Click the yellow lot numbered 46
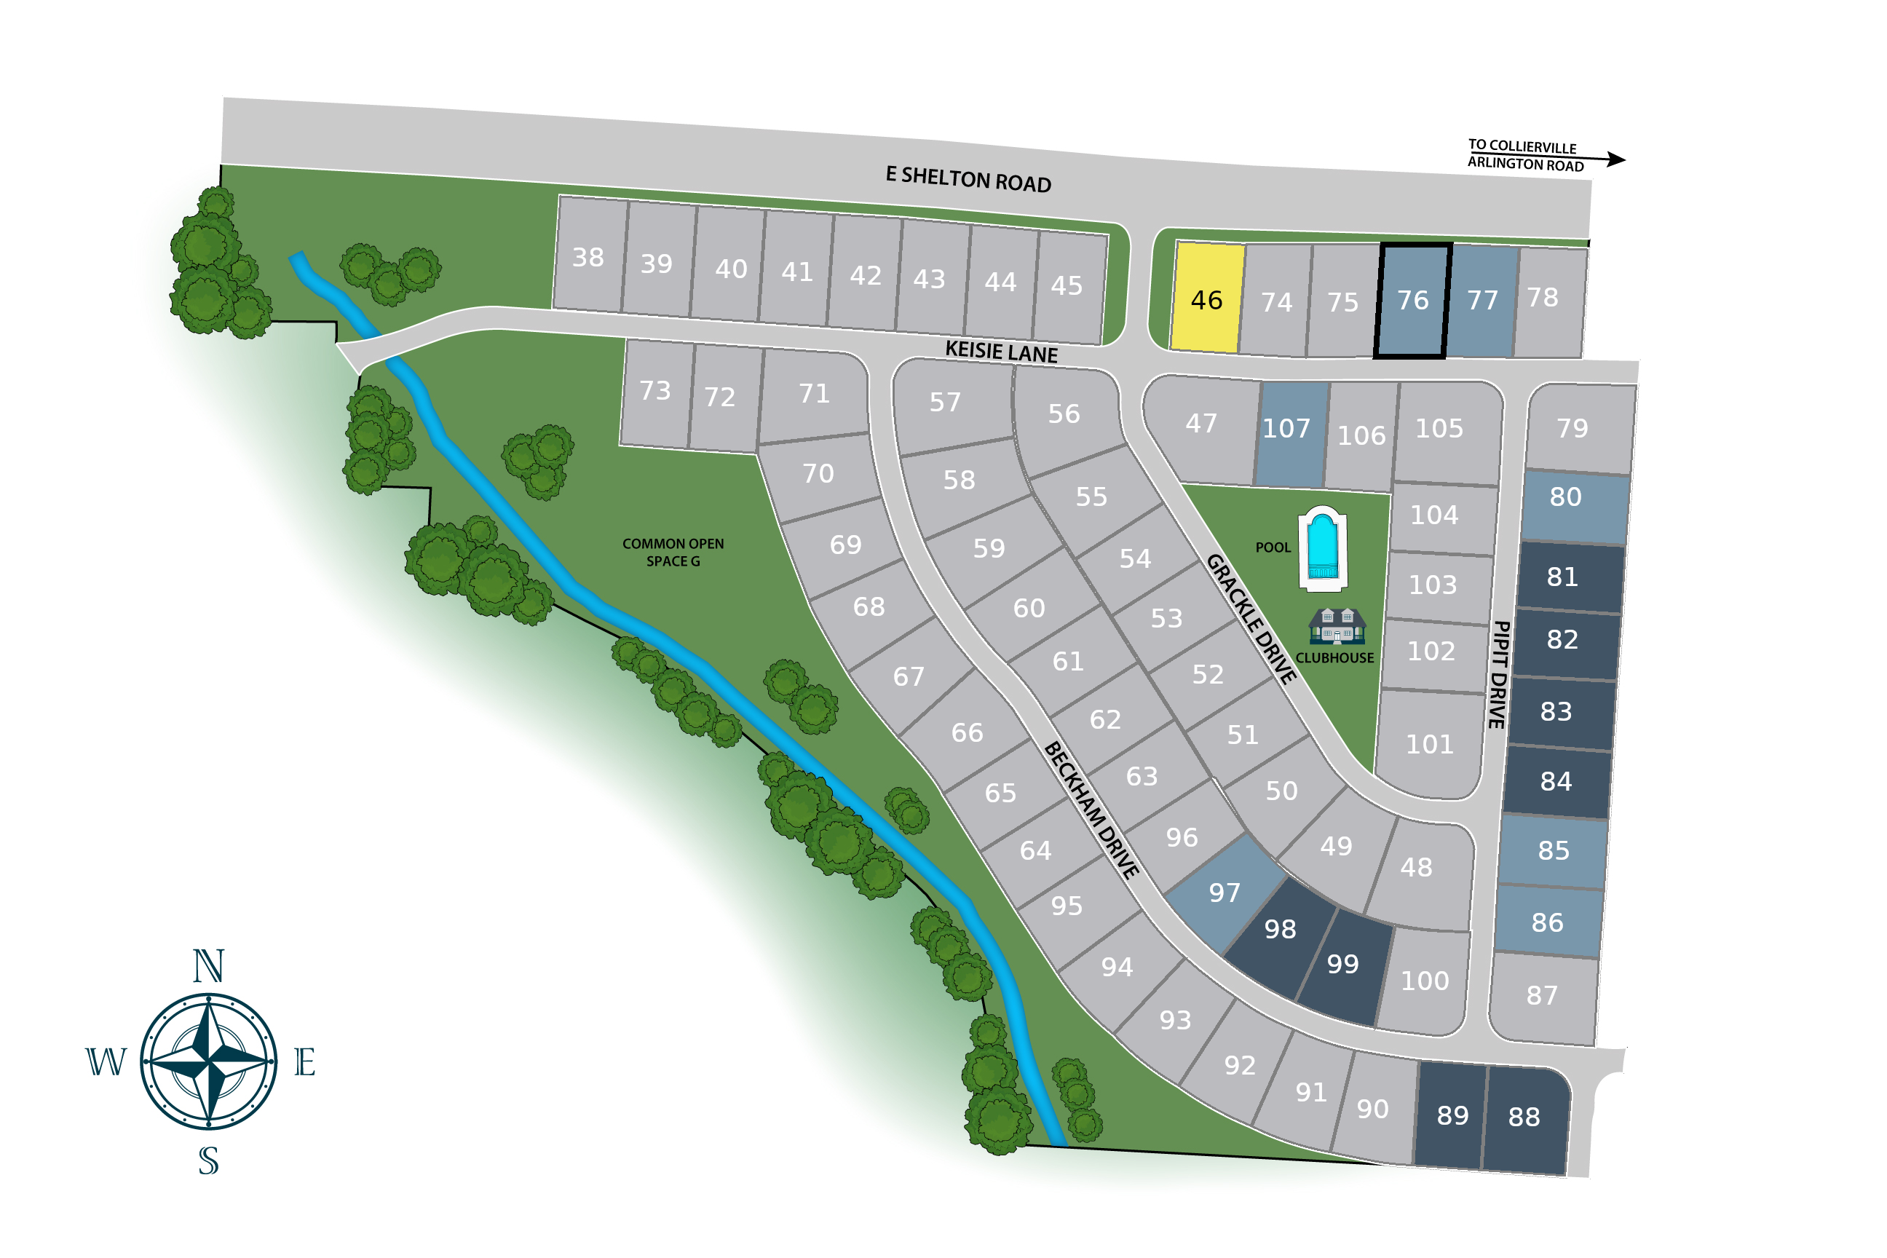coord(1206,299)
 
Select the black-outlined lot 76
coord(1413,300)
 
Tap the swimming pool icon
coord(1322,547)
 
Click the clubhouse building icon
coord(1337,627)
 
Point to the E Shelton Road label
coord(968,179)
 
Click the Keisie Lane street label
coord(1000,352)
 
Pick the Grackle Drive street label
coord(1251,618)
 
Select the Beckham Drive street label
coord(1091,810)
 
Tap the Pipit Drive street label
coord(1499,674)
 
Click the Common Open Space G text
coord(673,552)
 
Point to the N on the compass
coord(209,966)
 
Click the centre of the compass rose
coord(209,1061)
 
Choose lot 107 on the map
coord(1286,430)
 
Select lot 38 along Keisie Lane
coord(588,257)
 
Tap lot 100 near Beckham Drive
coord(1425,981)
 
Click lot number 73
coord(654,391)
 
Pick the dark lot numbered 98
coord(1280,929)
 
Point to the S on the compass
coord(209,1160)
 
